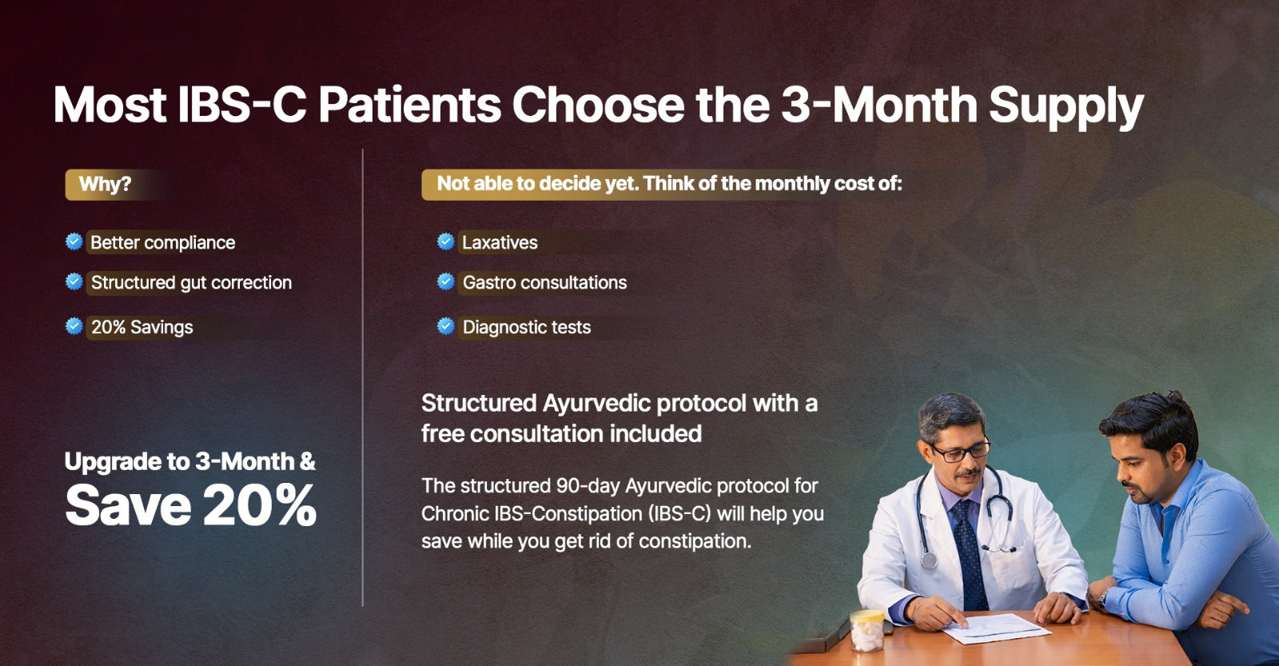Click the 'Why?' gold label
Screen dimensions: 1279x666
tap(106, 185)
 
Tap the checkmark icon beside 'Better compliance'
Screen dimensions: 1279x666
tap(74, 241)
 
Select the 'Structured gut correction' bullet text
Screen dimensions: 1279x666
tap(191, 283)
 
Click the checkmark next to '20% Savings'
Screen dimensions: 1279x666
tap(74, 326)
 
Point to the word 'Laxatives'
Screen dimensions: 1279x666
tap(500, 243)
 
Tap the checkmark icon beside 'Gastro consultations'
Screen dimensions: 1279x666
tap(446, 281)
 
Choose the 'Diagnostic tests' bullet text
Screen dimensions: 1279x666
tap(527, 327)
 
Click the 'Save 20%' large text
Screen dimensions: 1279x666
tap(191, 505)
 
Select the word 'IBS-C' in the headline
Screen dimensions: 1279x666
tap(242, 105)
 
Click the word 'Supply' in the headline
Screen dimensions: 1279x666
tap(1066, 109)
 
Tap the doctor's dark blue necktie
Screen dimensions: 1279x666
tap(969, 553)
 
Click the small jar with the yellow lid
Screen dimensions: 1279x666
tap(867, 631)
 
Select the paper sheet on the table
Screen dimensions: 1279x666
tap(996, 628)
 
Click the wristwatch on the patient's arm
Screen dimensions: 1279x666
tap(1103, 598)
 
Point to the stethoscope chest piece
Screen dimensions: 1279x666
tap(929, 560)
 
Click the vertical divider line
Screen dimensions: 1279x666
tap(363, 377)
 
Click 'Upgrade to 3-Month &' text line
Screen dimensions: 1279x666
tap(190, 461)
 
